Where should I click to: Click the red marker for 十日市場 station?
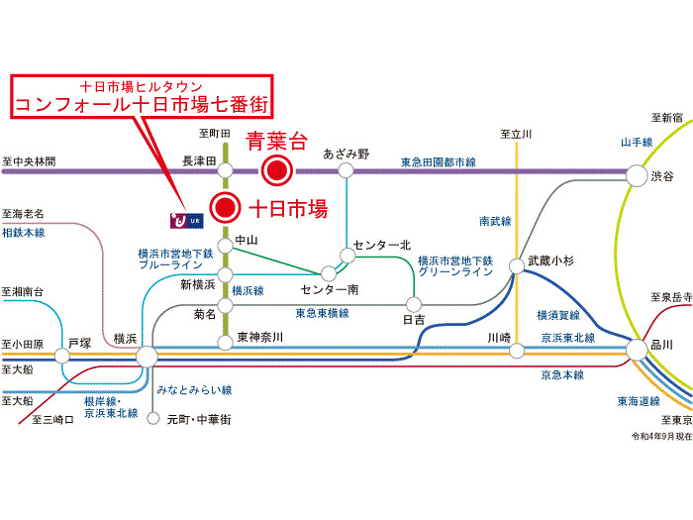pyautogui.click(x=227, y=208)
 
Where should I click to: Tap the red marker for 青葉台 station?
pyautogui.click(x=278, y=171)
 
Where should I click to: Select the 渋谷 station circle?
pyautogui.click(x=636, y=174)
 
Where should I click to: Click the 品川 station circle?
pyautogui.click(x=636, y=349)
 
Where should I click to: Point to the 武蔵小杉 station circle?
pyautogui.click(x=516, y=265)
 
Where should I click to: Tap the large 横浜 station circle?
pyautogui.click(x=147, y=356)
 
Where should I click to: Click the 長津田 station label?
pyautogui.click(x=199, y=156)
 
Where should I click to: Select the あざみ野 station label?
pyautogui.click(x=346, y=154)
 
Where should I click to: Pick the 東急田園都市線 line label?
pyautogui.click(x=439, y=160)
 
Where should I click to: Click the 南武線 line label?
pyautogui.click(x=495, y=221)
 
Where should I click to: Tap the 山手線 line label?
pyautogui.click(x=636, y=143)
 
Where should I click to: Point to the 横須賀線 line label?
pyautogui.click(x=559, y=315)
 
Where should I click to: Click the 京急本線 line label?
pyautogui.click(x=562, y=375)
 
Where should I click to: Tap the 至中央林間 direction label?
pyautogui.click(x=30, y=160)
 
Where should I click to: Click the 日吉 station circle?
pyautogui.click(x=413, y=303)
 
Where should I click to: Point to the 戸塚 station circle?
pyautogui.click(x=69, y=356)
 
